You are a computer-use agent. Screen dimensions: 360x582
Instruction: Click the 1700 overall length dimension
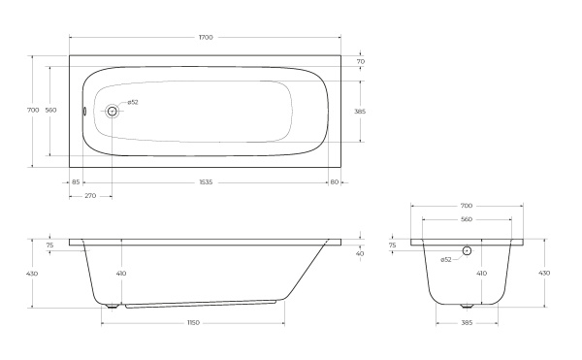[205, 37]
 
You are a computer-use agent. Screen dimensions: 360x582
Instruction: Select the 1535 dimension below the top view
[205, 181]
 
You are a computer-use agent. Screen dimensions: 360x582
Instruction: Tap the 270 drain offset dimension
[89, 196]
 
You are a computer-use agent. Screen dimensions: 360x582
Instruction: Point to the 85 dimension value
[76, 181]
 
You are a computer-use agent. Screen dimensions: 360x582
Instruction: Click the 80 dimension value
[334, 181]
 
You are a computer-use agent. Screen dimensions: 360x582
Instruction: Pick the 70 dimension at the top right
[360, 62]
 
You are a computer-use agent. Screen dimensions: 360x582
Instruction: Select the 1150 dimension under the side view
[194, 321]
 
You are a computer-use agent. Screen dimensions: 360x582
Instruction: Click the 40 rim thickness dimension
[360, 254]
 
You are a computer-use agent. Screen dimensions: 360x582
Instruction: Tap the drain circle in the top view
[112, 112]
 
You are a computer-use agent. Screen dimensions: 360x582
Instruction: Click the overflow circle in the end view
[467, 250]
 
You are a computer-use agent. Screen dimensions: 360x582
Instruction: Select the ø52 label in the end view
[445, 259]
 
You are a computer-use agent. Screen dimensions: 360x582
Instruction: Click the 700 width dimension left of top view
[34, 111]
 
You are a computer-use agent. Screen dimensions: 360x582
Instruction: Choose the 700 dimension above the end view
[467, 206]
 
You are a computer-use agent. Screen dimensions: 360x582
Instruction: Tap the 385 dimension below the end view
[467, 321]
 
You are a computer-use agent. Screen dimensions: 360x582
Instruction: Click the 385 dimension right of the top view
[360, 112]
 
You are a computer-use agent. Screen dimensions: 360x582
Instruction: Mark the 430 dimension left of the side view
[34, 274]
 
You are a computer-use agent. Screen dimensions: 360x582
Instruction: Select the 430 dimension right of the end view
[544, 274]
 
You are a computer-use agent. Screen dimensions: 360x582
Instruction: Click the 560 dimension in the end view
[467, 220]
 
